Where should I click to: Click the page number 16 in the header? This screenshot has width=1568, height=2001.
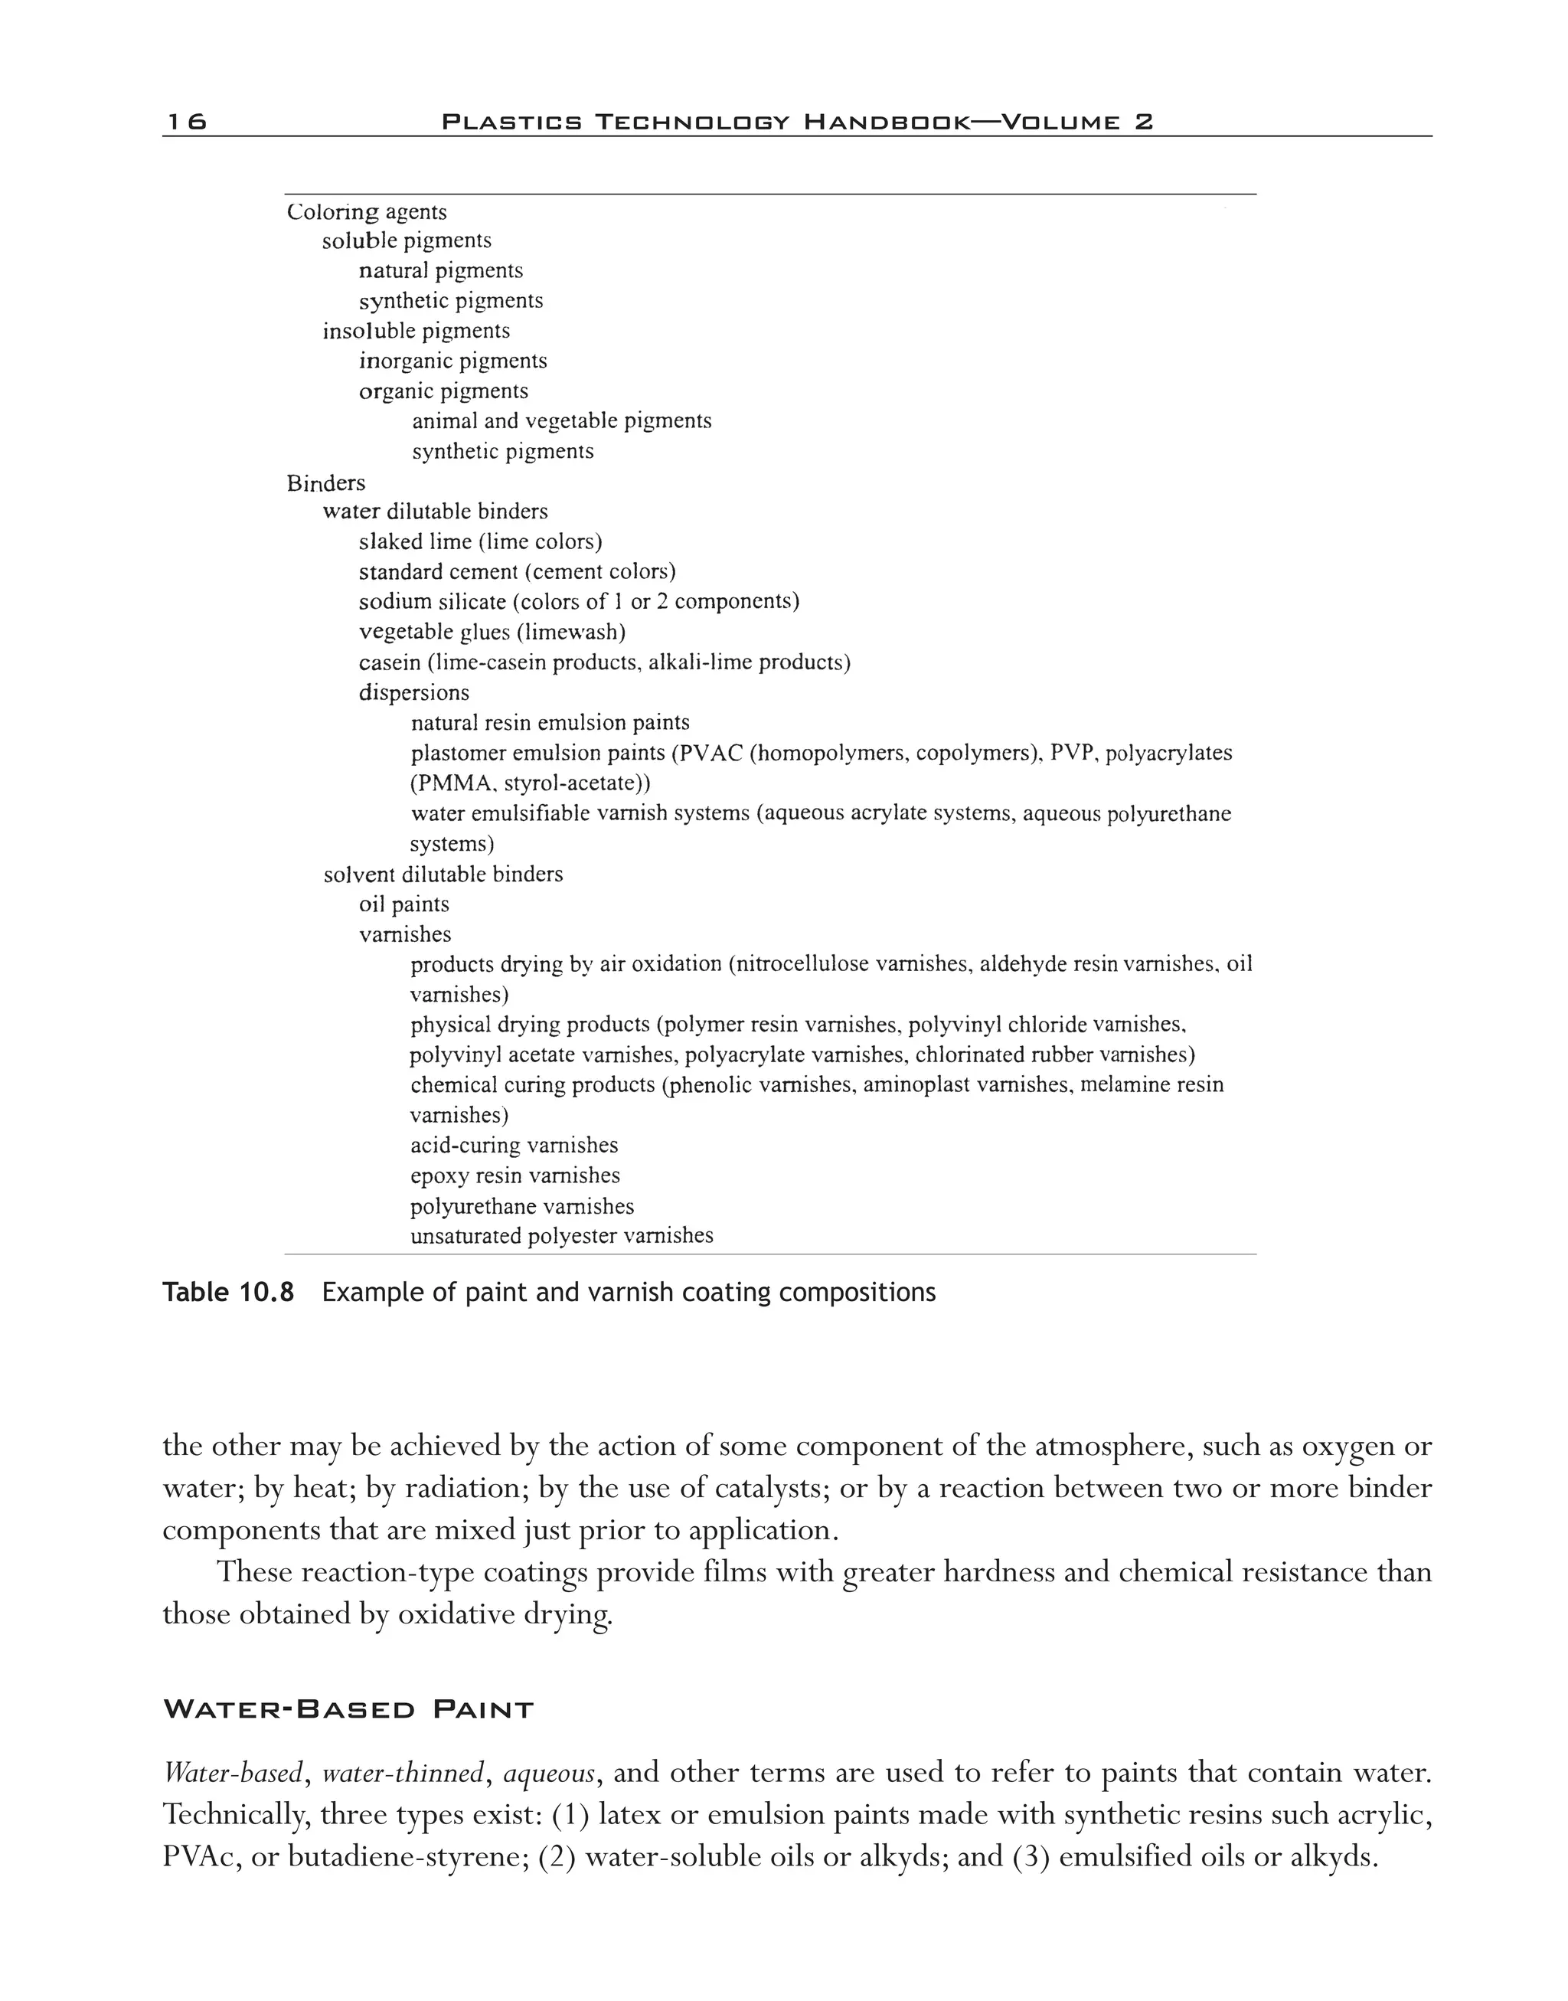pos(186,121)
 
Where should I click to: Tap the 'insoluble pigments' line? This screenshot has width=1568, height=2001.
pos(416,331)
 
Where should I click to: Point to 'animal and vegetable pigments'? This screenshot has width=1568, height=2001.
pos(561,420)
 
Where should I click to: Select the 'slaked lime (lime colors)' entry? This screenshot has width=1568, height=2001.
pos(480,542)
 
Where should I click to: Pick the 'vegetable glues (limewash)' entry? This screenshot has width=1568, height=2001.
pos(492,632)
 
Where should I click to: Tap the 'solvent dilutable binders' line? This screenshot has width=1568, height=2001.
pos(443,875)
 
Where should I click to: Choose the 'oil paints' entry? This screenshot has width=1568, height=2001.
pos(404,904)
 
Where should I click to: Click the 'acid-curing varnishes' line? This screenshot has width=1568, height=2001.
pos(514,1145)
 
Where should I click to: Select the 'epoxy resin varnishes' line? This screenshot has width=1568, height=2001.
pos(515,1175)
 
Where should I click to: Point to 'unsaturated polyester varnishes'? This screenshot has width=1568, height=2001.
pos(561,1236)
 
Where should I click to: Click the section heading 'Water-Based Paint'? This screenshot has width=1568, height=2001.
pos(348,1710)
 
